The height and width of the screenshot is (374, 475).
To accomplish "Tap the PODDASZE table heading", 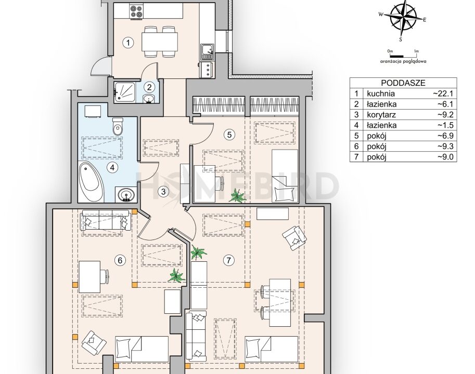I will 403,83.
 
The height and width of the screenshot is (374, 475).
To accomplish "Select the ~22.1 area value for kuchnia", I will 444,94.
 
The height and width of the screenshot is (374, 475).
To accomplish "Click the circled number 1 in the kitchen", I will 128,43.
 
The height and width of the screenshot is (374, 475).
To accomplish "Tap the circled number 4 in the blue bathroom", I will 111,167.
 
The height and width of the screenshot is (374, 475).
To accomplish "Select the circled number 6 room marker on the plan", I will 120,260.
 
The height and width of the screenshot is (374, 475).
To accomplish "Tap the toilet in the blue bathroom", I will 117,126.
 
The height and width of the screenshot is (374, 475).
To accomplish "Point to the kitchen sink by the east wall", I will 207,51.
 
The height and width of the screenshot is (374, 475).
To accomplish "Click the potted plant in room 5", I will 237,196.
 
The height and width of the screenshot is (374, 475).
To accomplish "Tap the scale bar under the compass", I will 403,56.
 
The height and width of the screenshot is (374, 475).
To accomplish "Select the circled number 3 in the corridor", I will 163,192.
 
